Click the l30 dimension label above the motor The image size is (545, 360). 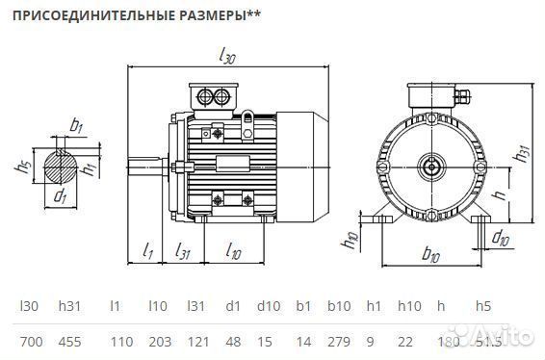coord(227,58)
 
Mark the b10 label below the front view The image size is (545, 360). coord(431,257)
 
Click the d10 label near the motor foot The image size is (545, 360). coord(500,237)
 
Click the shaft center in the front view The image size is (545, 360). coord(432,165)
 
